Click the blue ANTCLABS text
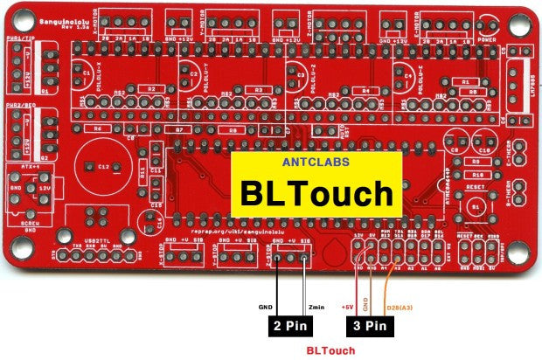click(316, 163)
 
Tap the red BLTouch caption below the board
click(330, 350)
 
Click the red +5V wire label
click(347, 308)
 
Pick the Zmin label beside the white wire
click(316, 308)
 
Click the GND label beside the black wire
click(266, 308)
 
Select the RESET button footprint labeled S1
click(476, 206)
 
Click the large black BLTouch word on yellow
click(316, 193)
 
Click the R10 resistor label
click(476, 175)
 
